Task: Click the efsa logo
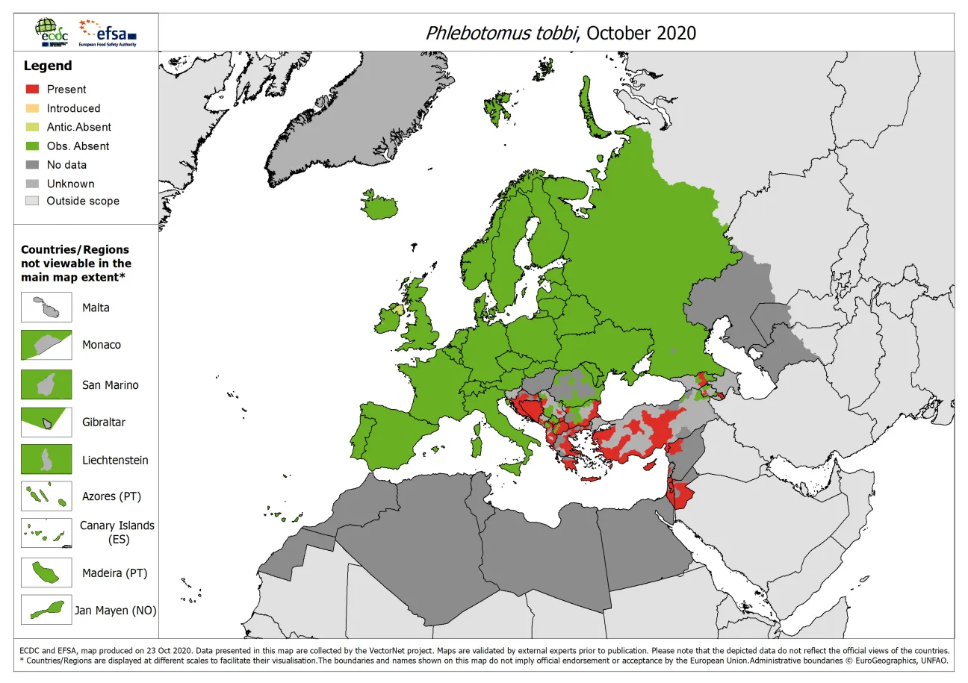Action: pos(111,32)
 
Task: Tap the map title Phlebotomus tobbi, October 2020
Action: pos(560,33)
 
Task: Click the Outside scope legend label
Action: pos(83,201)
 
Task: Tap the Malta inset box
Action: pos(46,308)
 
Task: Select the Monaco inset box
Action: pos(46,345)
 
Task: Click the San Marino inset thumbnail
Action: pos(46,385)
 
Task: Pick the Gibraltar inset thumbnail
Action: pos(46,422)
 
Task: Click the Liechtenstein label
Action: pos(115,461)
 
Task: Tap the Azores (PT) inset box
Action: pos(46,496)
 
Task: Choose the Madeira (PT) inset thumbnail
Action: pos(46,573)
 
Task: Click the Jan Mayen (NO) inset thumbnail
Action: pos(46,610)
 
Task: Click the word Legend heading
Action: pos(47,66)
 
